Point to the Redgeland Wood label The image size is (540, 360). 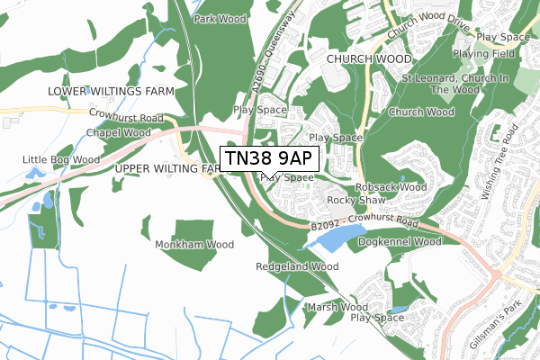297,267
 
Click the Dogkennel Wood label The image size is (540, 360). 400,242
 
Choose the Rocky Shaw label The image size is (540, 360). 350,200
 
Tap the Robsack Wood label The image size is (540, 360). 391,187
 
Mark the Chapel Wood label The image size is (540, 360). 118,132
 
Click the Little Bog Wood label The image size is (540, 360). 60,160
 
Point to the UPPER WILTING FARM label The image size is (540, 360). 168,168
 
